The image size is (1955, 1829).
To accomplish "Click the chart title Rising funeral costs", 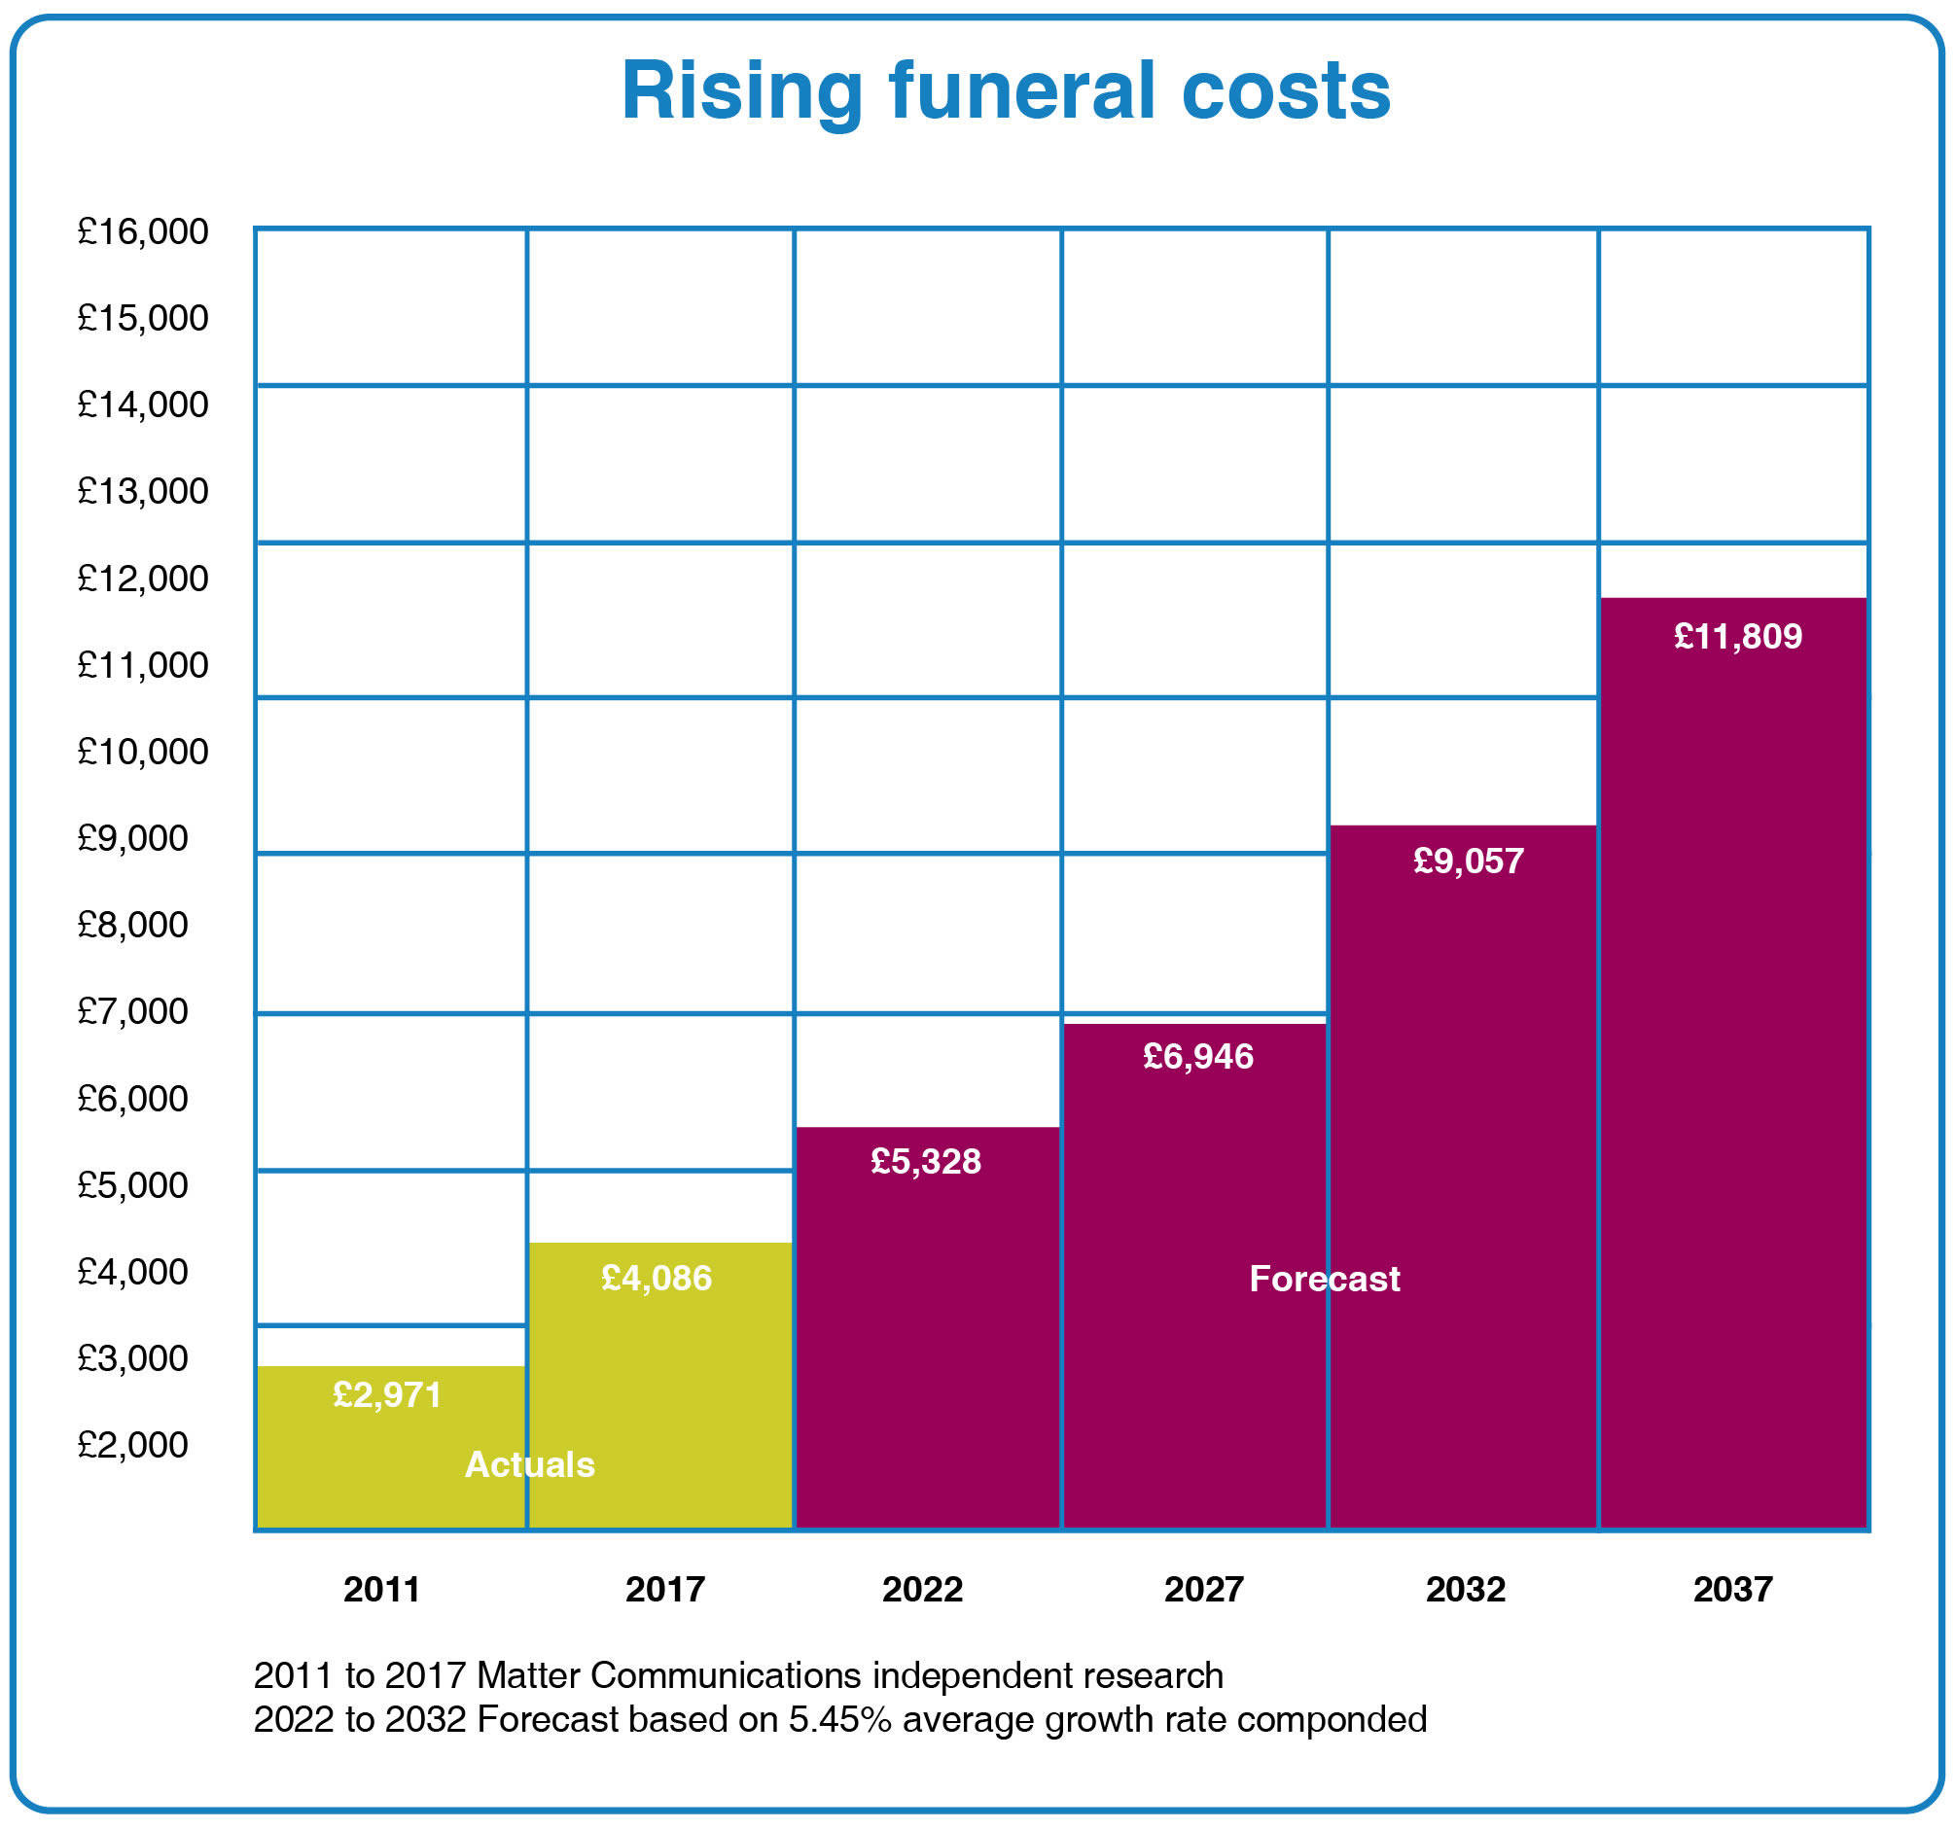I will [x=1005, y=90].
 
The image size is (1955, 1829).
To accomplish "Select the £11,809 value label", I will [x=1738, y=636].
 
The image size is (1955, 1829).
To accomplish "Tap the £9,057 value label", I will [x=1469, y=861].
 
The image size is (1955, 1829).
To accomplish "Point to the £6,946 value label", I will [x=1197, y=1056].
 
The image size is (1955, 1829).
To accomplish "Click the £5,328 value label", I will [x=925, y=1161].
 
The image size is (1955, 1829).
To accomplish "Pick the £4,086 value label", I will [x=656, y=1278].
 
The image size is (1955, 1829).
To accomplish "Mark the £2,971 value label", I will [x=386, y=1394].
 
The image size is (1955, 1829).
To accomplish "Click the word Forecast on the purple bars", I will [x=1324, y=1279].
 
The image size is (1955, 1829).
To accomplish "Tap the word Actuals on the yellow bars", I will [x=529, y=1464].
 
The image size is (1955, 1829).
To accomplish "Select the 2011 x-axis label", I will [x=381, y=1589].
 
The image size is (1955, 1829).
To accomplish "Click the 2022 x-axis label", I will [x=921, y=1589].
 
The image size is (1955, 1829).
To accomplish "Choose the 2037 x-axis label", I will [x=1732, y=1589].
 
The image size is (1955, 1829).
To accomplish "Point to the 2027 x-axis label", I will [x=1204, y=1589].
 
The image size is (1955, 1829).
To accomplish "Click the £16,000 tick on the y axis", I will [x=143, y=231].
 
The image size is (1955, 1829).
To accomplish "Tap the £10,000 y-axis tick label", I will [x=143, y=752].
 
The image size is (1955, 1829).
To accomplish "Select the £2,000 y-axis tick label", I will [x=132, y=1445].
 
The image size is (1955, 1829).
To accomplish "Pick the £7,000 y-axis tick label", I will [x=132, y=1011].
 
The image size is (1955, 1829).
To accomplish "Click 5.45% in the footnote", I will [x=838, y=1719].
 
